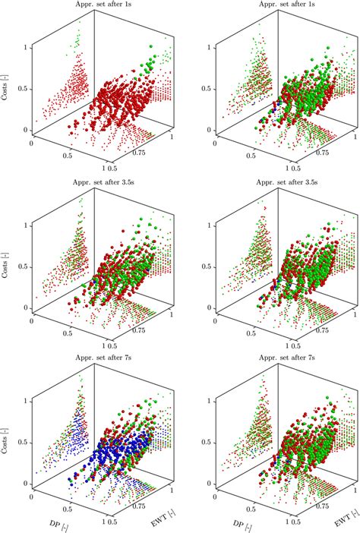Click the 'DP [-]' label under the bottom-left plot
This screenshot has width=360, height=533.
(x=55, y=524)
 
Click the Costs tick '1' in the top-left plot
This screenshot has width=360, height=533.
(x=28, y=47)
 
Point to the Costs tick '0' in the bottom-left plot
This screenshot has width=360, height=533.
(x=28, y=483)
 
